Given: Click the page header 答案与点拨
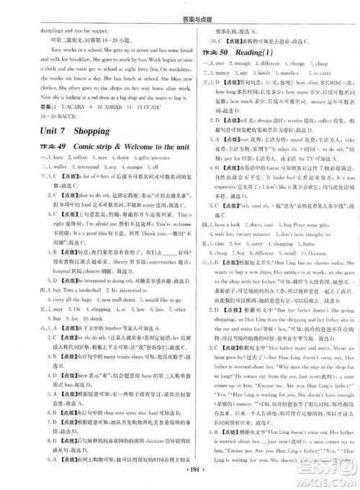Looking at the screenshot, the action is (179, 7).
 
